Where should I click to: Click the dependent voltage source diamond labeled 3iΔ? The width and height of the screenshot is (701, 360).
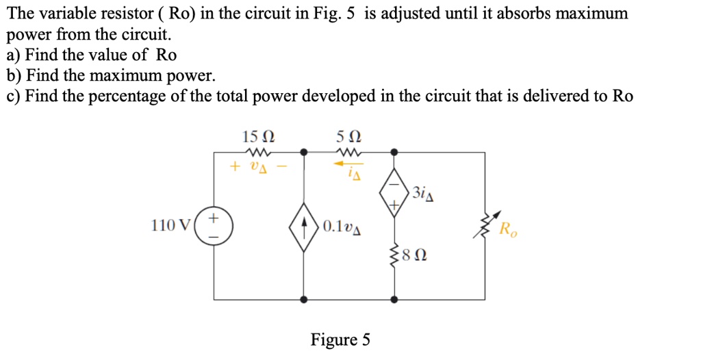coord(394,194)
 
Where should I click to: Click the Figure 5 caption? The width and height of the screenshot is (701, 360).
coord(340,339)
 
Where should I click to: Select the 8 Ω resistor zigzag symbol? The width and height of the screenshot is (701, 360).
coord(394,257)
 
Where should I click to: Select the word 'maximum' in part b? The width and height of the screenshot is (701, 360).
coord(133,75)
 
